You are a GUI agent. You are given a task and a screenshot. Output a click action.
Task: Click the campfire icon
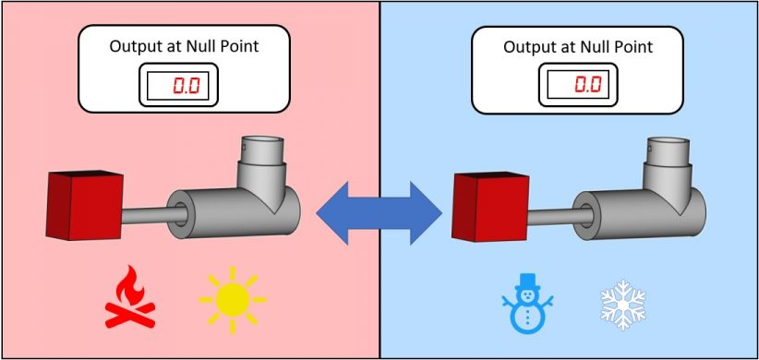pyautogui.click(x=130, y=296)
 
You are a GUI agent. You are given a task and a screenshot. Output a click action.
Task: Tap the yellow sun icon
pyautogui.click(x=233, y=300)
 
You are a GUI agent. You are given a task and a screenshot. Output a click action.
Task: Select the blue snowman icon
pyautogui.click(x=527, y=304)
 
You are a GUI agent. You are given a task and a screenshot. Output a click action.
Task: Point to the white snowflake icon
pyautogui.click(x=623, y=305)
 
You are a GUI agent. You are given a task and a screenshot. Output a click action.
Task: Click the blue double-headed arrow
pyautogui.click(x=379, y=213)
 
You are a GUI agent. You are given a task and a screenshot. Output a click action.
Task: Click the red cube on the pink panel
pyautogui.click(x=85, y=205)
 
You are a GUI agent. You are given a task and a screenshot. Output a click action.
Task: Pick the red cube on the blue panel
pyautogui.click(x=490, y=207)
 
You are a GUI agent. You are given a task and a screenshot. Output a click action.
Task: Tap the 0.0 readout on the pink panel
pyautogui.click(x=187, y=86)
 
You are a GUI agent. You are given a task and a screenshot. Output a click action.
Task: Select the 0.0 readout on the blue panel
pyautogui.click(x=588, y=85)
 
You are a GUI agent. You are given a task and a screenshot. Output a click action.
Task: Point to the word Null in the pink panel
pyautogui.click(x=199, y=46)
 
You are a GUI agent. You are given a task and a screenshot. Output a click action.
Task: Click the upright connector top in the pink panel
pyautogui.click(x=262, y=151)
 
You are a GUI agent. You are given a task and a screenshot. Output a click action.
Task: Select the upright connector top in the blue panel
pyautogui.click(x=669, y=152)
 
